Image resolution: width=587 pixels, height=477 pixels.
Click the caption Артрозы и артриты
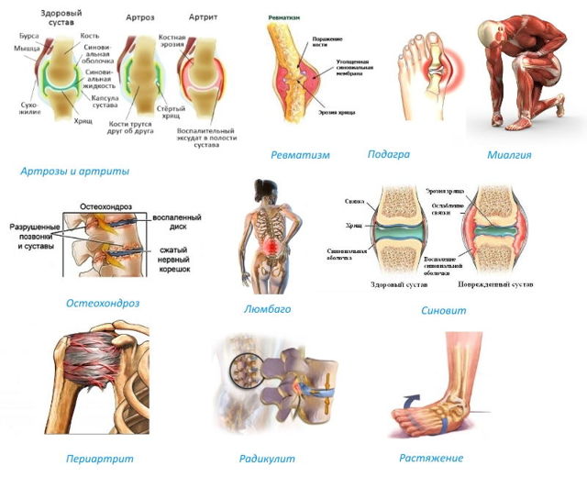tap(74, 171)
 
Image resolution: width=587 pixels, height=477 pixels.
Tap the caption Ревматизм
tap(300, 155)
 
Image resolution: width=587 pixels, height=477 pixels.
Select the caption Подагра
tap(388, 154)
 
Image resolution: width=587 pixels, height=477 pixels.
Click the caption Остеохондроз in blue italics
tap(102, 303)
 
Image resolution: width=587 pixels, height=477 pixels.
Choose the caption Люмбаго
tap(267, 309)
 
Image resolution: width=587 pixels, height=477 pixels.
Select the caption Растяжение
tap(431, 458)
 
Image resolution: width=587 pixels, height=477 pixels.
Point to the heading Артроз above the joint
tap(140, 17)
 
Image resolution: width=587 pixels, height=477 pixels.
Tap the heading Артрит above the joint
tap(202, 17)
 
